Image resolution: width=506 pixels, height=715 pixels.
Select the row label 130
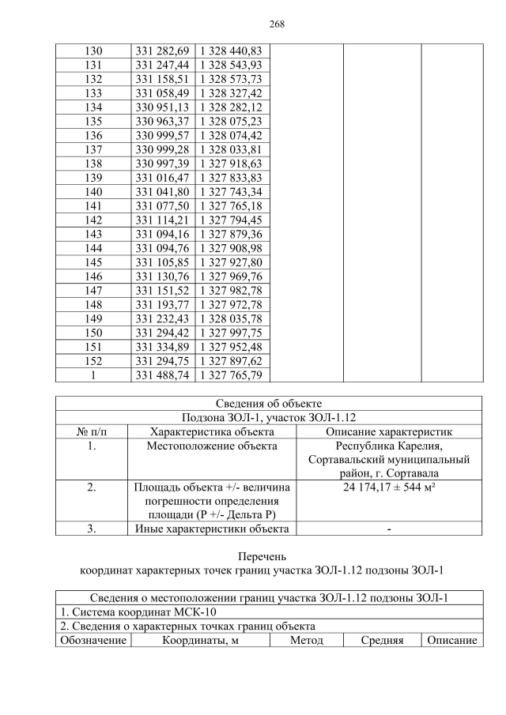[x=93, y=51]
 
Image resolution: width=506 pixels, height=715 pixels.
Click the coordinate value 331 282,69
[x=162, y=51]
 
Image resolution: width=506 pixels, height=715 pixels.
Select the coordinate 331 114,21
[x=162, y=220]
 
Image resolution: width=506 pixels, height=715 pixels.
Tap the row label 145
[x=93, y=262]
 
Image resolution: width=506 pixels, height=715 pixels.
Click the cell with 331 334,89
[x=162, y=347]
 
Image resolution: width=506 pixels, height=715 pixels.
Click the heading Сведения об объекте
[x=268, y=404]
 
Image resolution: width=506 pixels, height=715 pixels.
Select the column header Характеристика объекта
[x=212, y=432]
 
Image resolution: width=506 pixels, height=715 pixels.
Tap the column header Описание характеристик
[x=388, y=432]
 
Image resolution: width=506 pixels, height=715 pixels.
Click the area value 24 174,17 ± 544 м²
[x=388, y=488]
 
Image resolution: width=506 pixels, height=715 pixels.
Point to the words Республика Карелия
[x=388, y=446]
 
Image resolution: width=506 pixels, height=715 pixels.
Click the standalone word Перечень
[x=268, y=556]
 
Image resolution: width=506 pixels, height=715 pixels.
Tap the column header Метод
[x=306, y=640]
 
